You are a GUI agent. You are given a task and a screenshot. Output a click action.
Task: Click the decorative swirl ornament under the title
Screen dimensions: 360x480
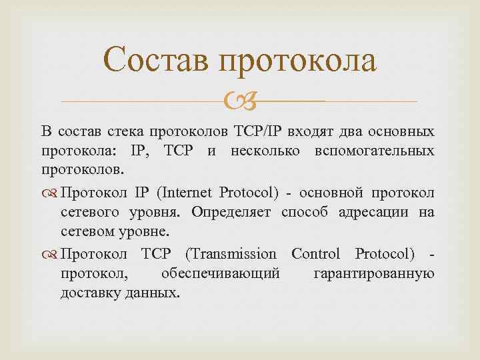238,102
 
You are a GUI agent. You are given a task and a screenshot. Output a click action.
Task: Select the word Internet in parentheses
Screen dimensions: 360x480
187,193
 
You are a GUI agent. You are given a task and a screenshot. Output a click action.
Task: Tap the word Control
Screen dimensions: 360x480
315,254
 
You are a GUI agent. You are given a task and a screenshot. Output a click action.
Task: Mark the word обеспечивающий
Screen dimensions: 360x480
220,274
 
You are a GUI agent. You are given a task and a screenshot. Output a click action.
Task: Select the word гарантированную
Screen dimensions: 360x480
374,274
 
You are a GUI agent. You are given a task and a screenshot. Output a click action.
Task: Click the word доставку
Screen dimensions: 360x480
91,294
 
